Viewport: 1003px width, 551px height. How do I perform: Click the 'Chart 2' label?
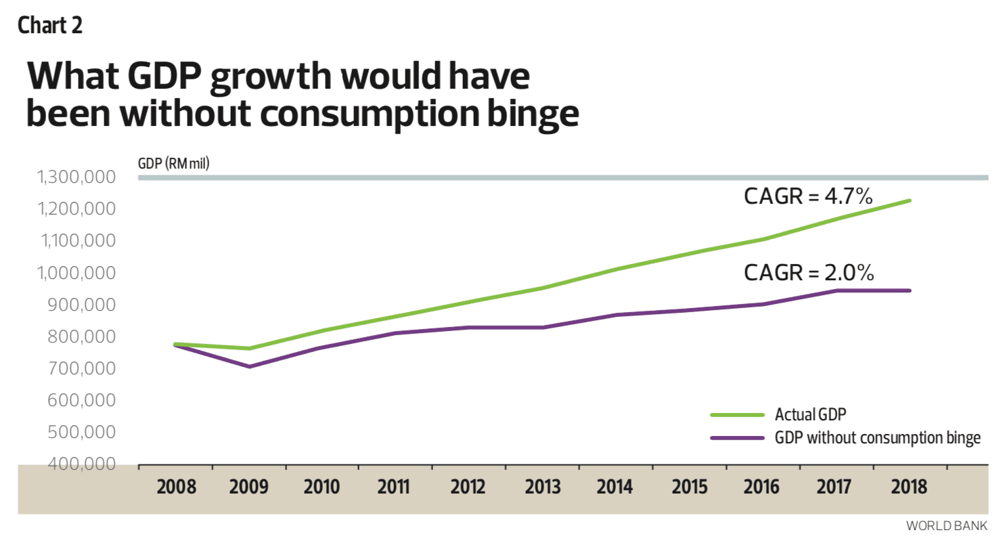click(49, 26)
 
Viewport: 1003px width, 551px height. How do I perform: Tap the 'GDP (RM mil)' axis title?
click(173, 163)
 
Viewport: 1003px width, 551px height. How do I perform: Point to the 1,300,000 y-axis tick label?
click(76, 177)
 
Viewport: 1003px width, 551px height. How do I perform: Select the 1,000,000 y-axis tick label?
click(76, 273)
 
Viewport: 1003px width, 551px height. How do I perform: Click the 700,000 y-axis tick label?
click(81, 368)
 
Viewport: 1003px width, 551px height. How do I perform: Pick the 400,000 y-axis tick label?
click(81, 464)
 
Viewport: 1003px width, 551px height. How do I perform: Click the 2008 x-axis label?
click(176, 487)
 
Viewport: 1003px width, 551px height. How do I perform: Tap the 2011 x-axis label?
click(393, 487)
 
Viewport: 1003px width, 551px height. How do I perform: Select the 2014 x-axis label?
click(615, 487)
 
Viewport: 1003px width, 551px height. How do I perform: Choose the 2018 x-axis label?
click(908, 487)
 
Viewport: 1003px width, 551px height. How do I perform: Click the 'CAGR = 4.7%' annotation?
click(808, 196)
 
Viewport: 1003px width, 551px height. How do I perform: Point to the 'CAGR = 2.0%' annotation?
click(809, 273)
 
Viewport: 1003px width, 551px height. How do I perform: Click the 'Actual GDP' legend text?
click(810, 414)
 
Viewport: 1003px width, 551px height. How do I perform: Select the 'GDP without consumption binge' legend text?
click(877, 438)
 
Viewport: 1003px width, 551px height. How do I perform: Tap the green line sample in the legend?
click(737, 415)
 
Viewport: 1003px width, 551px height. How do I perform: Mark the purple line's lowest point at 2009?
click(250, 366)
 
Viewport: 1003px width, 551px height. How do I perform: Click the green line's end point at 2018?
click(910, 200)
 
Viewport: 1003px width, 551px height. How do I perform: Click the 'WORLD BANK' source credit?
click(946, 526)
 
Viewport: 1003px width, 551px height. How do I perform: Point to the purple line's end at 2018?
click(910, 290)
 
